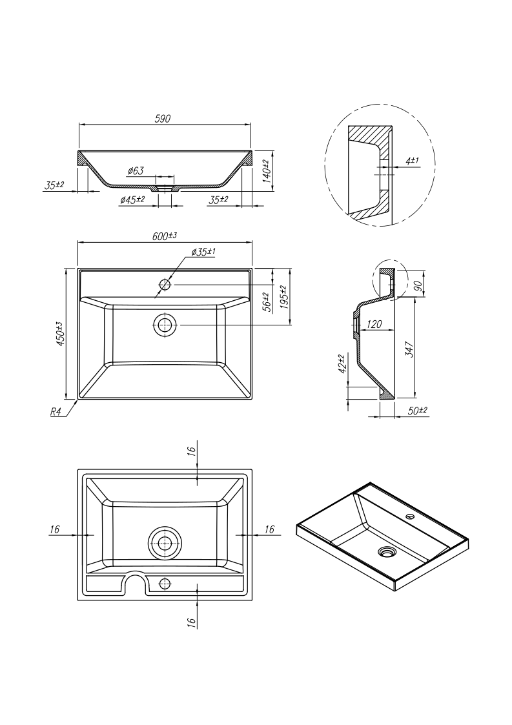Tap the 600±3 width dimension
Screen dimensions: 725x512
pyautogui.click(x=165, y=236)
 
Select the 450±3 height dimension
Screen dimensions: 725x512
pyautogui.click(x=60, y=334)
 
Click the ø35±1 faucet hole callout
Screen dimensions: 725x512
pyautogui.click(x=203, y=252)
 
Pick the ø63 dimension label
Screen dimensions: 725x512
pyautogui.click(x=136, y=170)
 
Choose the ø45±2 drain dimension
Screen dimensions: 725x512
pyautogui.click(x=132, y=200)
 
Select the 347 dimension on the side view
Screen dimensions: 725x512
pyautogui.click(x=409, y=349)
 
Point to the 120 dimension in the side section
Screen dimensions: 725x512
pyautogui.click(x=374, y=324)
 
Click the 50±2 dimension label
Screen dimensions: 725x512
pyautogui.click(x=418, y=411)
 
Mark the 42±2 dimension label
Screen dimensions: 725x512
pyautogui.click(x=342, y=363)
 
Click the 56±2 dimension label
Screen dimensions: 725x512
pyautogui.click(x=265, y=302)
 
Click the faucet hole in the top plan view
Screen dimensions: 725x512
pyautogui.click(x=165, y=284)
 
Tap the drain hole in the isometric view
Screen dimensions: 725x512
pyautogui.click(x=387, y=552)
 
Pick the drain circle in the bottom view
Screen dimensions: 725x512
pyautogui.click(x=165, y=544)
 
